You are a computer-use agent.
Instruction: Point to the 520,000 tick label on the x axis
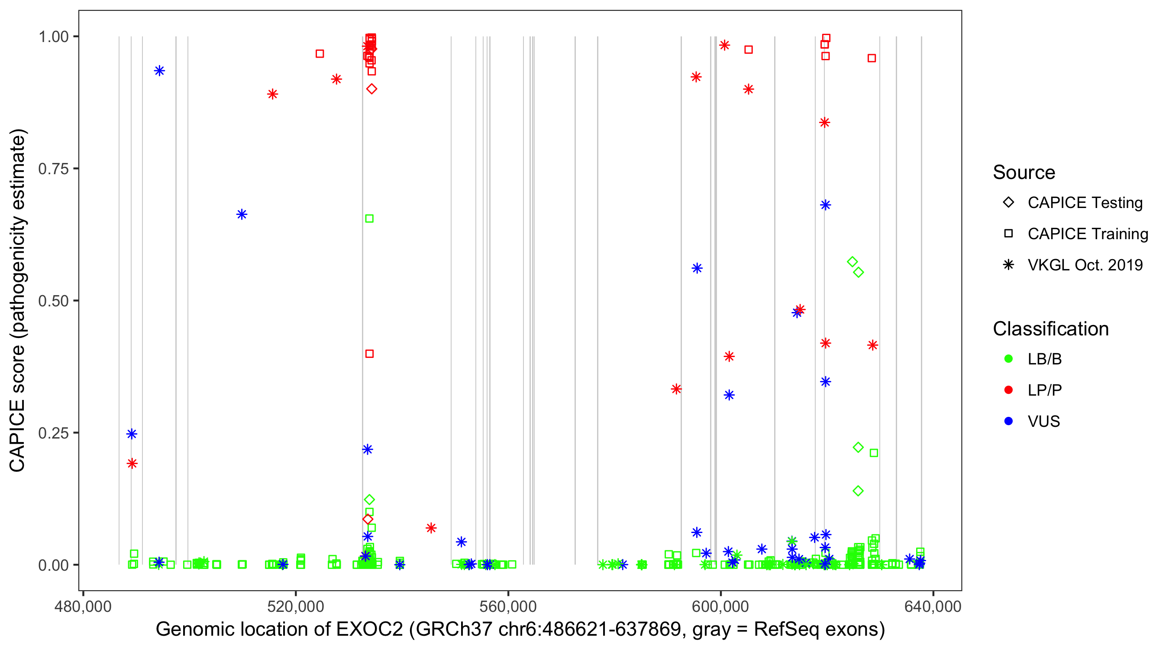pos(295,607)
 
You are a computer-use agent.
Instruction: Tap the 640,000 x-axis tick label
pos(933,607)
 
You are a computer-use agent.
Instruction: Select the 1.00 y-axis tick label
pos(53,37)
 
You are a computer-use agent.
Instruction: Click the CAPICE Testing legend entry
pos(1085,203)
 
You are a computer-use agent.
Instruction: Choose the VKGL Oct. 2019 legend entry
pos(1085,265)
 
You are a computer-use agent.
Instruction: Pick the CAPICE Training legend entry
pos(1087,234)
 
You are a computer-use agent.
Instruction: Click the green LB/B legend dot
pos(1008,359)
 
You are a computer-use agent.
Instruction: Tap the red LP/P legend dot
pos(1008,390)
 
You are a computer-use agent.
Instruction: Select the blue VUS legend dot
pos(1008,422)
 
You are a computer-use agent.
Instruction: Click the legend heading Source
pos(1024,172)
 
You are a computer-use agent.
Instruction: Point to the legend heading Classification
pos(1050,329)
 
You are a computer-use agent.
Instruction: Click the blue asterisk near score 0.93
pos(159,71)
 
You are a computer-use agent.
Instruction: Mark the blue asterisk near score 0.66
pos(242,214)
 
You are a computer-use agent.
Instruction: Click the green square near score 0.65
pos(369,219)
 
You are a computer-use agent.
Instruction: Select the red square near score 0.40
pos(369,354)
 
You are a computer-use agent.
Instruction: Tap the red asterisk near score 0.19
pos(132,464)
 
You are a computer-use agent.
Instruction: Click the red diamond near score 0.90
pos(371,89)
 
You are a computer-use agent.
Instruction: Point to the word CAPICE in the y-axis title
pos(17,436)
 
